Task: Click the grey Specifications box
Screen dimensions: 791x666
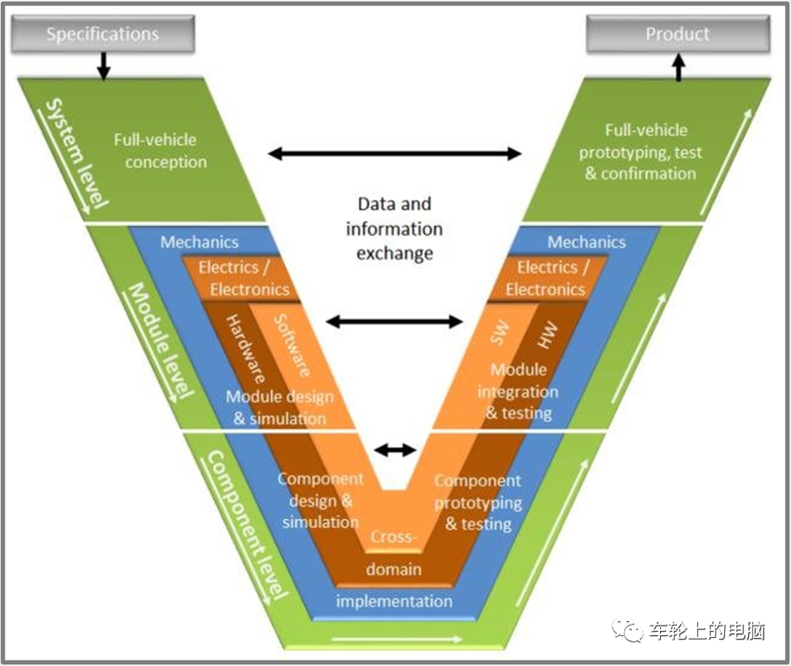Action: pyautogui.click(x=103, y=33)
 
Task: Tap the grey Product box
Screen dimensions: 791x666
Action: pyautogui.click(x=678, y=33)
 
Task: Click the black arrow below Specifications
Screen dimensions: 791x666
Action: pyautogui.click(x=104, y=66)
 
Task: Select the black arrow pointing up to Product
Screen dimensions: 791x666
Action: pyautogui.click(x=679, y=67)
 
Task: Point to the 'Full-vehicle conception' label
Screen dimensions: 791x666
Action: pyautogui.click(x=160, y=150)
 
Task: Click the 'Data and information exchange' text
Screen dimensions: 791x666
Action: pyautogui.click(x=394, y=229)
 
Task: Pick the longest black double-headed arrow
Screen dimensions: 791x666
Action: pyautogui.click(x=395, y=153)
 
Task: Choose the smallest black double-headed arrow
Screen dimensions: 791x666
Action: pyautogui.click(x=395, y=450)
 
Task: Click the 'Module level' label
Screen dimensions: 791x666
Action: pyautogui.click(x=162, y=340)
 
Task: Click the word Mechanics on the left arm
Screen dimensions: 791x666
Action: pyautogui.click(x=200, y=242)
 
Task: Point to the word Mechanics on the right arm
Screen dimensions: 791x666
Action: pyautogui.click(x=587, y=242)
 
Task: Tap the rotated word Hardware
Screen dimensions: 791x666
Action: pyautogui.click(x=245, y=349)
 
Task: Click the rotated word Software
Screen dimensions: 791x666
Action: pyautogui.click(x=292, y=346)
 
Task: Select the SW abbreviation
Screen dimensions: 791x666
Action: pyautogui.click(x=499, y=333)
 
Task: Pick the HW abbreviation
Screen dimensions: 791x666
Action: pyautogui.click(x=548, y=335)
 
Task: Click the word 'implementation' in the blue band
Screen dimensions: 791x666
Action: pyautogui.click(x=394, y=601)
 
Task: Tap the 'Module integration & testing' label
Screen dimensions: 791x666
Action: pyautogui.click(x=518, y=392)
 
